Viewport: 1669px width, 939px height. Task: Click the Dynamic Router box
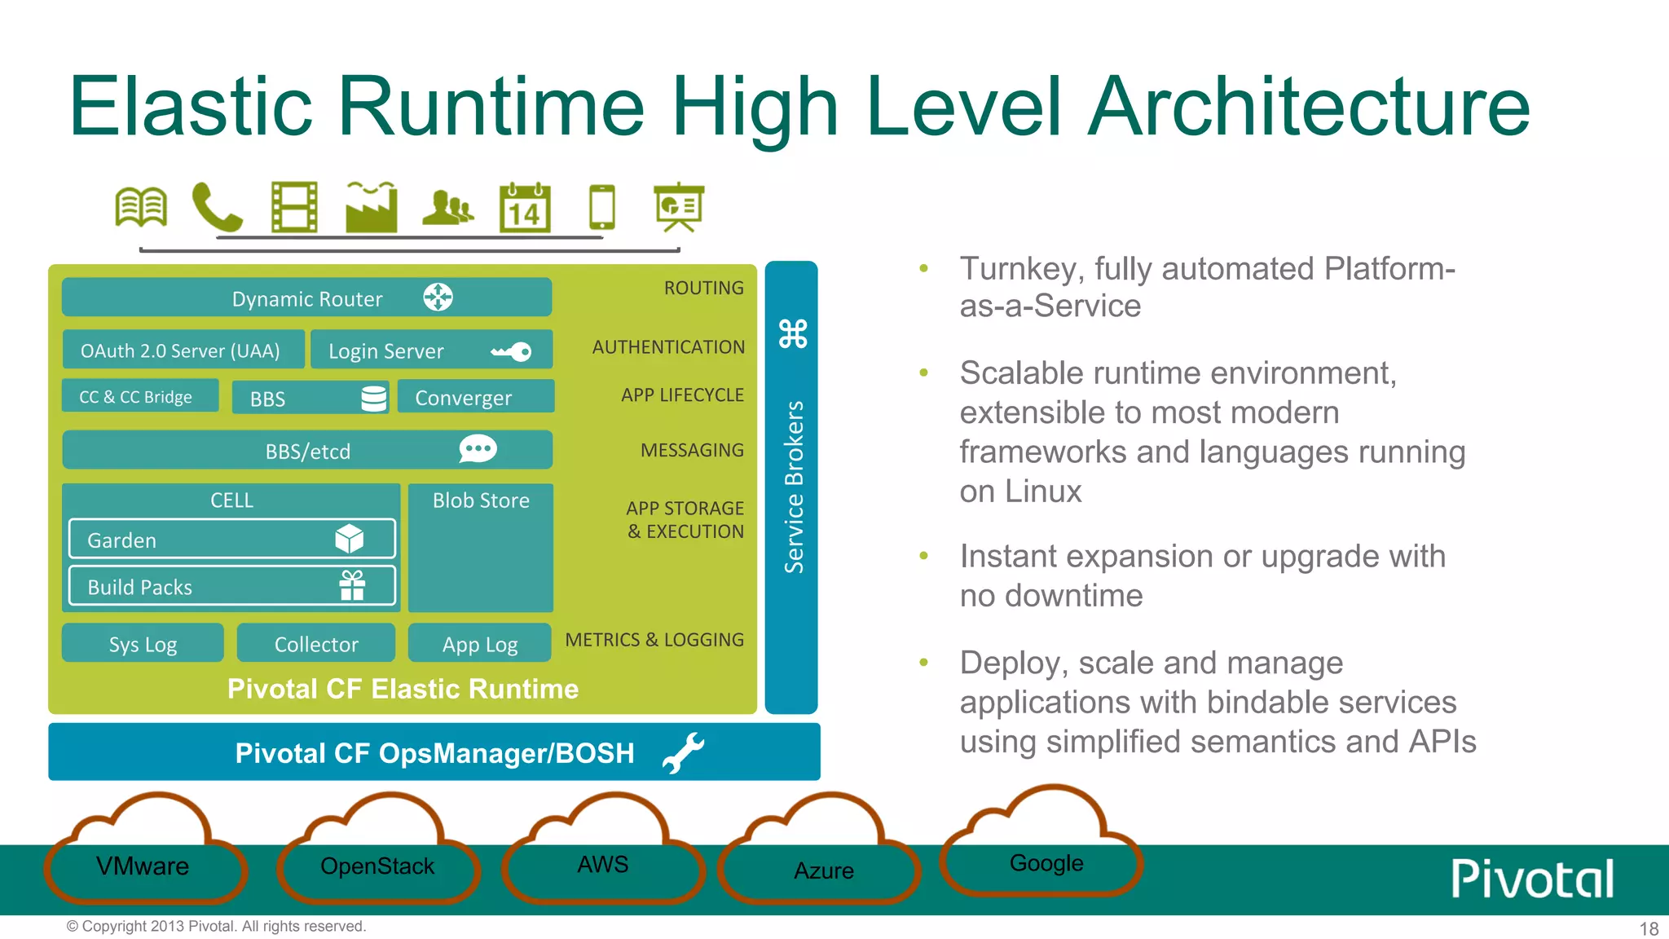306,298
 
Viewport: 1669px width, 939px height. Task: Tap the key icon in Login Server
512,351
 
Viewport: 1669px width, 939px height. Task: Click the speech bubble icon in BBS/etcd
478,449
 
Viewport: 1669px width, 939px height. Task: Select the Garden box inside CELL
231,540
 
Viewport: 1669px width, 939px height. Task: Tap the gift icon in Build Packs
352,586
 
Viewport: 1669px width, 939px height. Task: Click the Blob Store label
481,500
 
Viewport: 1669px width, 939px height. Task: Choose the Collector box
316,644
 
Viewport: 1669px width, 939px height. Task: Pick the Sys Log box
143,644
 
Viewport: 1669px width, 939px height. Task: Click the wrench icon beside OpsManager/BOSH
683,752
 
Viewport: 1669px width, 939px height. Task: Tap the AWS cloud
603,864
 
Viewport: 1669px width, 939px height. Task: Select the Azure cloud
823,870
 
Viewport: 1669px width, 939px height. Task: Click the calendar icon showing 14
525,209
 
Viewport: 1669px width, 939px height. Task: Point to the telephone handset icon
216,208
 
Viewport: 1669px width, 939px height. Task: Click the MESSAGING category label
692,450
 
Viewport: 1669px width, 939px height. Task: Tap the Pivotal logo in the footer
1532,879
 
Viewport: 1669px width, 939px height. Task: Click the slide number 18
1649,928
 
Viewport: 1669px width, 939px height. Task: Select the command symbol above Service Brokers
793,333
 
